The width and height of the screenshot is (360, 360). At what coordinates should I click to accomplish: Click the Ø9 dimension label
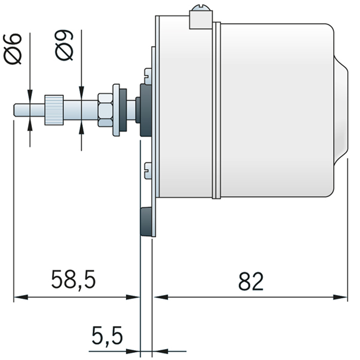click(65, 45)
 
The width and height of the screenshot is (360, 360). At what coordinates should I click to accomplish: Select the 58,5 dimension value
click(74, 280)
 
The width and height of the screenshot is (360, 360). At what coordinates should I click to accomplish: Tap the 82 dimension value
click(251, 281)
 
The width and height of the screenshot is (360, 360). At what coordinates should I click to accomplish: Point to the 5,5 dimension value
click(107, 337)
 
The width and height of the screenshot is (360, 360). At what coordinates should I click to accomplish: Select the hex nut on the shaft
click(106, 110)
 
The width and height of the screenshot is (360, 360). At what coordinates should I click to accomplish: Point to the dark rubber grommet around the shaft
click(145, 110)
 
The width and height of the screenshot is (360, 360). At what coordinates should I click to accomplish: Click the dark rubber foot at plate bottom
click(147, 222)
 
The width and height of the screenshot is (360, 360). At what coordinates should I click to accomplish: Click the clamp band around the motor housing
click(216, 111)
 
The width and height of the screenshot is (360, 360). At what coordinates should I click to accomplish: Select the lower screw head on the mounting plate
click(148, 168)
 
